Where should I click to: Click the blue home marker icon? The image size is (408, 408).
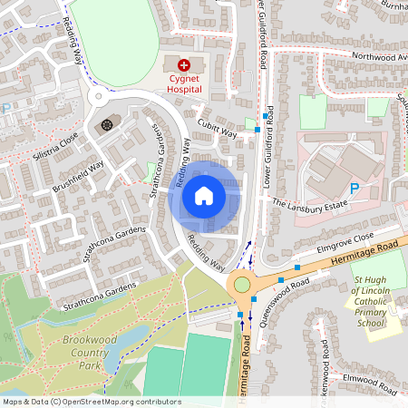click(204, 196)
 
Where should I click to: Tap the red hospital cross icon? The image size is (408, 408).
click(184, 64)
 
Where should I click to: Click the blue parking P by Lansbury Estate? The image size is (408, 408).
click(355, 189)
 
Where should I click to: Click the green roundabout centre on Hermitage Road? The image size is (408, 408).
click(242, 285)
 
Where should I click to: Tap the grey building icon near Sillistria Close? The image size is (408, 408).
click(107, 124)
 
